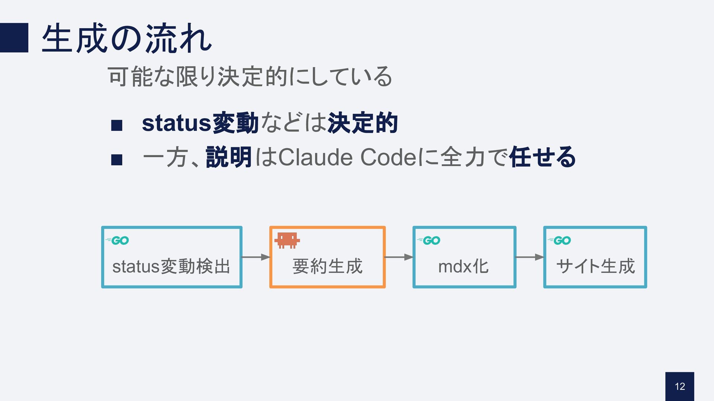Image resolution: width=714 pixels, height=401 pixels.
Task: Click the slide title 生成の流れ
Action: [126, 38]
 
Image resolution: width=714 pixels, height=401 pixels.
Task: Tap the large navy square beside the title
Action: [14, 38]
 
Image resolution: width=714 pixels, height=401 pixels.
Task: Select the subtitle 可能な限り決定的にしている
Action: [250, 77]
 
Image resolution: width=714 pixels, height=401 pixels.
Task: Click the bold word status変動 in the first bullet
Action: [200, 123]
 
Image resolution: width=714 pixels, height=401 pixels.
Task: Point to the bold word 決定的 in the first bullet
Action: [363, 123]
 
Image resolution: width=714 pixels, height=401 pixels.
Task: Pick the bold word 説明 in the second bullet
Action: [229, 157]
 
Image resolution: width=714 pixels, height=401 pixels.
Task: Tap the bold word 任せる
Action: [543, 157]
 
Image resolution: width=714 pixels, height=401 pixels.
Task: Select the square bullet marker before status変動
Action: [117, 126]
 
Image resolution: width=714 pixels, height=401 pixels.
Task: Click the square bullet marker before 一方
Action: [117, 160]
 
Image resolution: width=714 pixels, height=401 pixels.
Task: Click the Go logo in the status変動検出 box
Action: [118, 241]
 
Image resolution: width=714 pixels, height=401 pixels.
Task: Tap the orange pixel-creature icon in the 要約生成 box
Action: [287, 240]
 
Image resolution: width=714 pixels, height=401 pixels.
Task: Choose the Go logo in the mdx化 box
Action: [429, 241]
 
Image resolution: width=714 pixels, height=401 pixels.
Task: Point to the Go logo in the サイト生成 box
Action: [559, 241]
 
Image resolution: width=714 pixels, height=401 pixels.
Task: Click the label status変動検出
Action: [171, 266]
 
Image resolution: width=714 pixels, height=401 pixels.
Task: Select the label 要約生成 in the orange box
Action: [327, 266]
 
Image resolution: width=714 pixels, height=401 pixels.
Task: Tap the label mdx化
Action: [463, 266]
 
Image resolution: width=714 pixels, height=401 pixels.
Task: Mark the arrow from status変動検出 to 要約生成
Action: [255, 257]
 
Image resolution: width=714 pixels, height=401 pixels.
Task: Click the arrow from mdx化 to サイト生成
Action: [529, 257]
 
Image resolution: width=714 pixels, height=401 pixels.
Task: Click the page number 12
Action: [680, 387]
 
